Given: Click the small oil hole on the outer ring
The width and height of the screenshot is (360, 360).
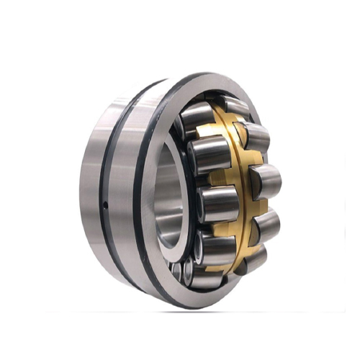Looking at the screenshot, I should [105, 206].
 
